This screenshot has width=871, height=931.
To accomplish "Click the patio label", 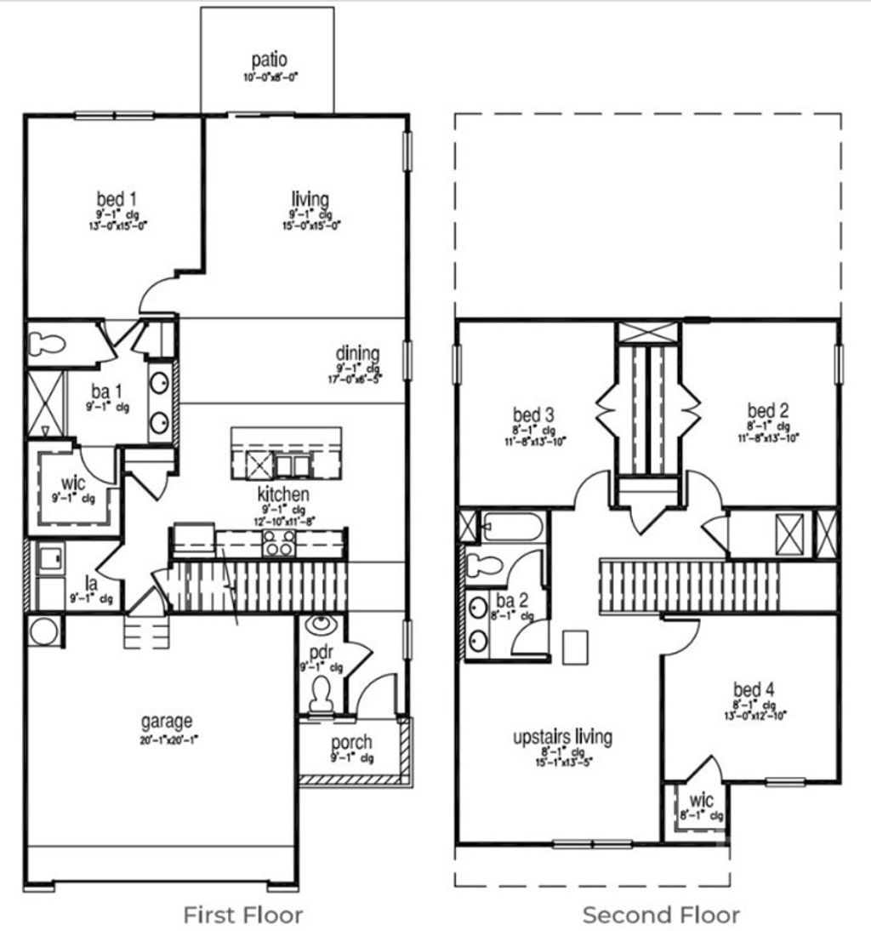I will [x=269, y=60].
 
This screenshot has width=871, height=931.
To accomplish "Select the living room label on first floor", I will [x=310, y=199].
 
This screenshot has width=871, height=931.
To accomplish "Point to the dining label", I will [x=357, y=353].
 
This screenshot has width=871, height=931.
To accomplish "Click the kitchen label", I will [x=283, y=494].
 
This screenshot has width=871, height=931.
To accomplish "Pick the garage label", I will [x=166, y=722].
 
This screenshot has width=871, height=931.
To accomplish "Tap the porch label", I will [x=351, y=742].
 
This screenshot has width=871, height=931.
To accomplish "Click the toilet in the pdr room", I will [x=321, y=697].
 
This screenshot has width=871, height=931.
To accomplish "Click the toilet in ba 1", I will [x=48, y=344].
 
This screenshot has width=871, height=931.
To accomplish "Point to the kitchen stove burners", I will [x=280, y=542].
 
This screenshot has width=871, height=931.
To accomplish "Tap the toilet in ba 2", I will [x=484, y=563].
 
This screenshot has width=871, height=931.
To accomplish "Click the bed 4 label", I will [x=754, y=689].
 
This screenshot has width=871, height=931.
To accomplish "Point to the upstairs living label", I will [x=562, y=737].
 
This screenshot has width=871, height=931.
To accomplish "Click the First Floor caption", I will [x=242, y=915].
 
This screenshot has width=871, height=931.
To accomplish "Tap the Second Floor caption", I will [x=661, y=915].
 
